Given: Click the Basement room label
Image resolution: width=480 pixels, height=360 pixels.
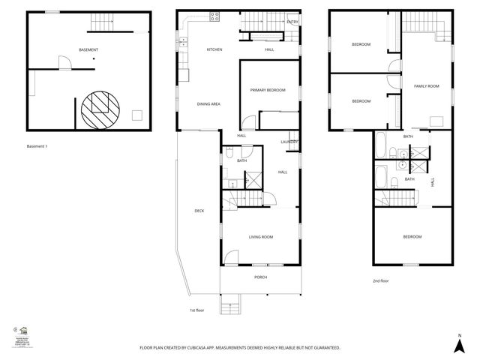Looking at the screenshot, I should click(89, 49).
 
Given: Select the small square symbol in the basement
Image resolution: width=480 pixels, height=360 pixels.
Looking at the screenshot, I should click(137, 115).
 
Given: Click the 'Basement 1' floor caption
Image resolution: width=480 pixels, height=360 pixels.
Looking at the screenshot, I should click(37, 146).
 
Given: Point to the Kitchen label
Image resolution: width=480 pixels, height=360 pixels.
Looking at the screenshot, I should click(215, 49).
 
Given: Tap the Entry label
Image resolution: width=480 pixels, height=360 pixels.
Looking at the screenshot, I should click(292, 22).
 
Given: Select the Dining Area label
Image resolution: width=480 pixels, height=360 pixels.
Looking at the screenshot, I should click(208, 103).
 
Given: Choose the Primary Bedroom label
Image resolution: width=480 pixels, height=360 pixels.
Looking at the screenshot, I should click(268, 90).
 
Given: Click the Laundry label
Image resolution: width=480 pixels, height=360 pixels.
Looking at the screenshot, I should click(289, 142).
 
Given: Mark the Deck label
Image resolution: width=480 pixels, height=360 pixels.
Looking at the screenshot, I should click(199, 211).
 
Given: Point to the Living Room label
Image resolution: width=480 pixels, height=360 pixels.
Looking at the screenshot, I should click(261, 237).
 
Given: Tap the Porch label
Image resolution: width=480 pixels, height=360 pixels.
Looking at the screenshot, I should click(260, 277).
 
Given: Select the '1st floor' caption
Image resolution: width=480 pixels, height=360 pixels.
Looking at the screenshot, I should click(197, 310).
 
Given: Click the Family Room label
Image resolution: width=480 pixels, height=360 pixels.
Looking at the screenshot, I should click(427, 86).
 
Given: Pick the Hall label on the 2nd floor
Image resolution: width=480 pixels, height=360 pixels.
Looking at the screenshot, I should click(433, 182).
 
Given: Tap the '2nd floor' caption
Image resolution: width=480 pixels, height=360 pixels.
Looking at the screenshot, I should click(381, 280).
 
